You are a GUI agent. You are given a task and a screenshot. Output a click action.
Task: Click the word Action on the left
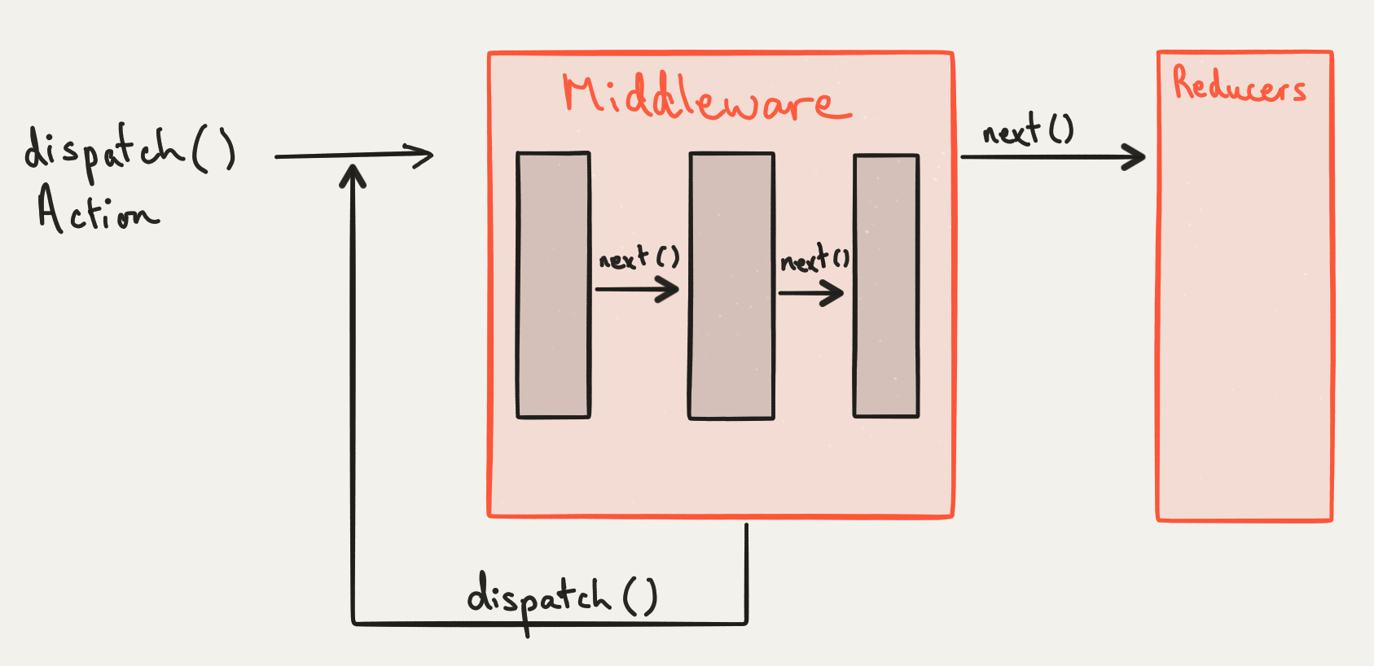tap(97, 210)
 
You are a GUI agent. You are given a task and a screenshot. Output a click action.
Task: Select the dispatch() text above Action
tap(130, 151)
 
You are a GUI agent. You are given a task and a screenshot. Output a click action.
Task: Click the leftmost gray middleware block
tap(554, 285)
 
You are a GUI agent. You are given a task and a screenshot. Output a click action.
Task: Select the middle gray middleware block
tap(731, 286)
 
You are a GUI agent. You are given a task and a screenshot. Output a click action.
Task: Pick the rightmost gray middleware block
tap(886, 286)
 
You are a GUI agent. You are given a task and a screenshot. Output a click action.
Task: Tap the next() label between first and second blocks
tap(639, 259)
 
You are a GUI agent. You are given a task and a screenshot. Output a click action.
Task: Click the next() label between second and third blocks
tap(814, 260)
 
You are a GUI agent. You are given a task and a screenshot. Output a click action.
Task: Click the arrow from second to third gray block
tap(811, 292)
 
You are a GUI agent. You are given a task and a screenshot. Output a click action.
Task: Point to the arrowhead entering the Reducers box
tap(1135, 156)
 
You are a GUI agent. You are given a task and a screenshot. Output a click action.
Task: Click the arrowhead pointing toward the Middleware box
tap(421, 155)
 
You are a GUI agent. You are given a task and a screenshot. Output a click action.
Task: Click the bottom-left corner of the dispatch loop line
tap(353, 623)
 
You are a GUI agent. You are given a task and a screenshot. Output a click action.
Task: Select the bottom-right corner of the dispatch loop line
tap(746, 623)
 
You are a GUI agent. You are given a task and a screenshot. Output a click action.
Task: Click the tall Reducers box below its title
tap(1245, 309)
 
